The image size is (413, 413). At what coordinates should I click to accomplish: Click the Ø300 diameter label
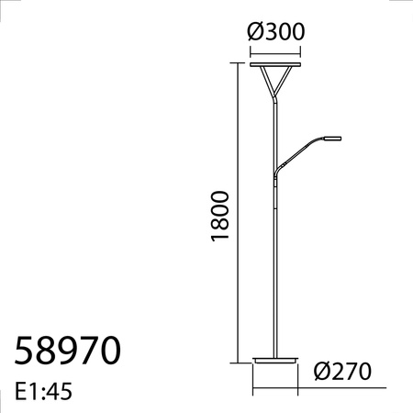pos(276,30)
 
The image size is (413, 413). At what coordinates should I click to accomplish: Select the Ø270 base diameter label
pos(340,372)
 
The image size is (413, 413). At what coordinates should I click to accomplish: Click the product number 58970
pos(69,352)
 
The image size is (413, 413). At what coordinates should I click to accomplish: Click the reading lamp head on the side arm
pos(329,139)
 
